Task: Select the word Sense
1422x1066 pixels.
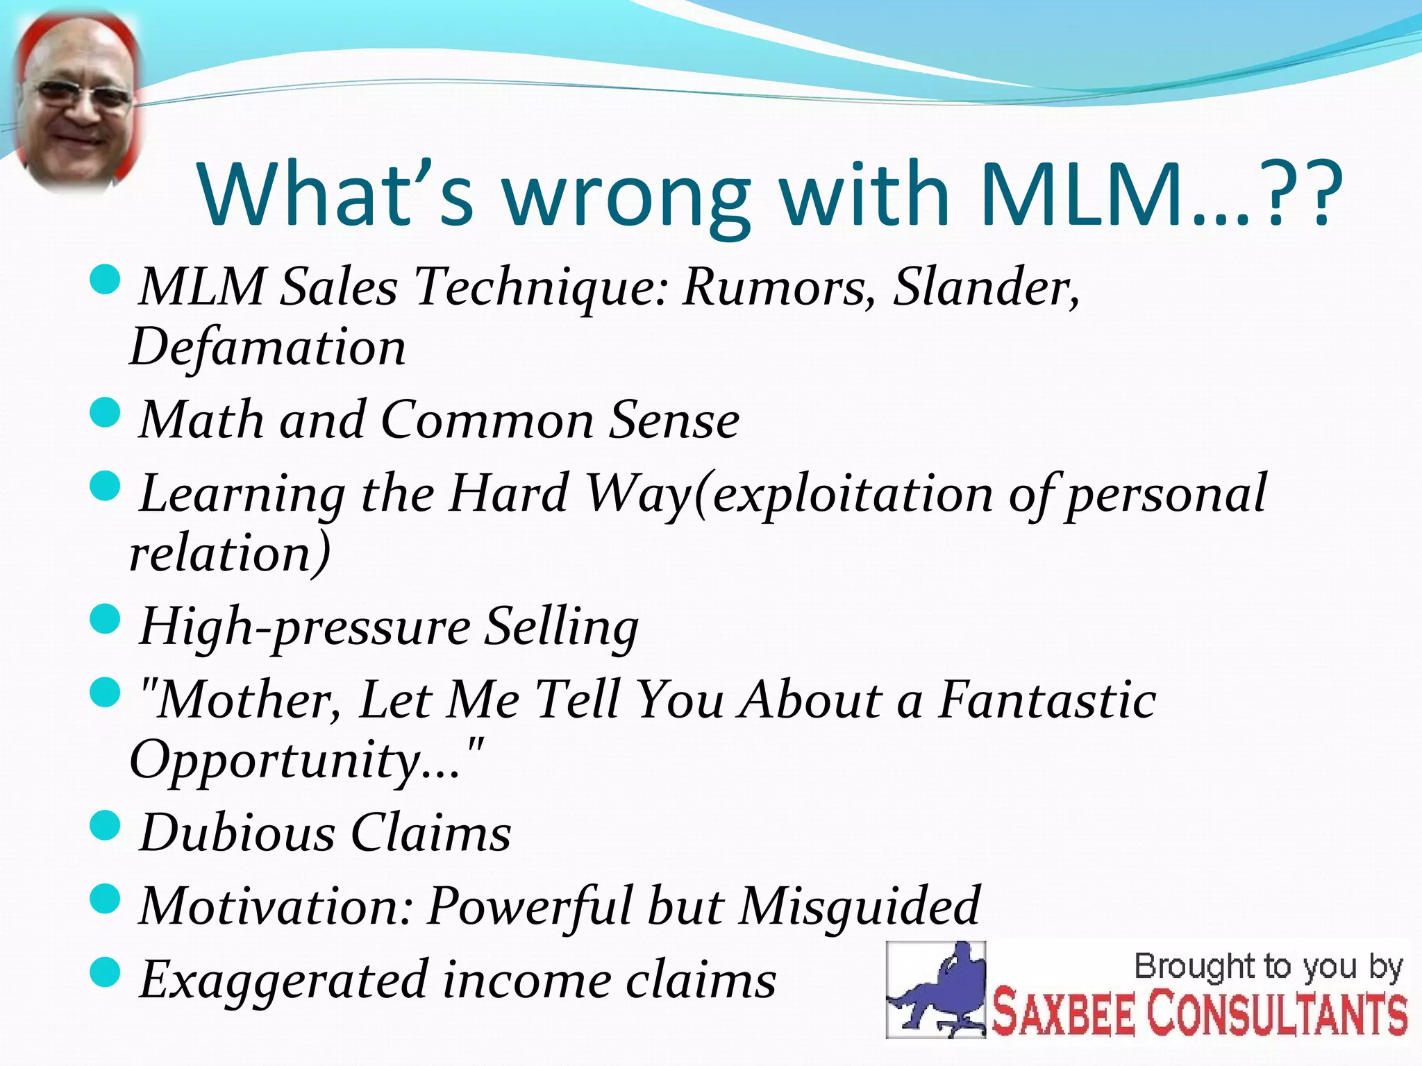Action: click(674, 421)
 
